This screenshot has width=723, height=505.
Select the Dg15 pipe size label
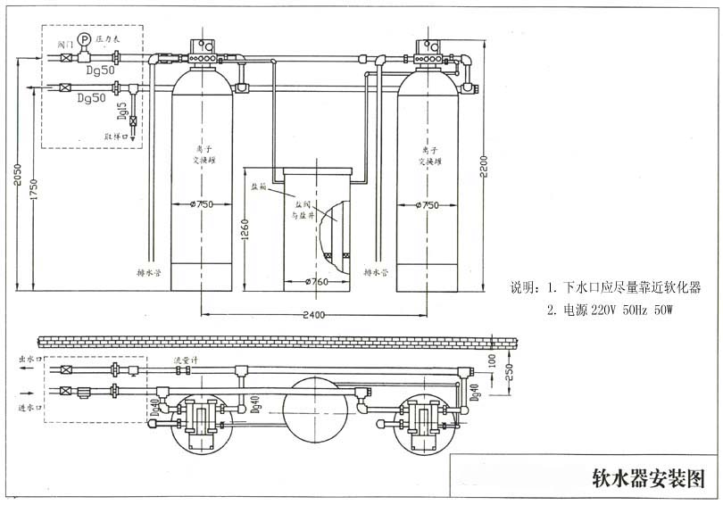[x=121, y=111]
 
